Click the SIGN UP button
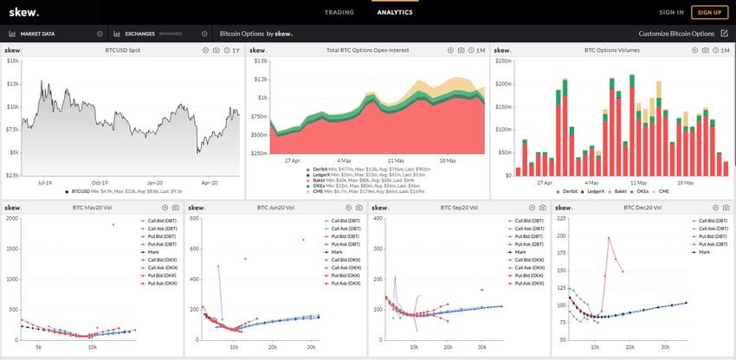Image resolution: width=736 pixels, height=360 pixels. click(709, 12)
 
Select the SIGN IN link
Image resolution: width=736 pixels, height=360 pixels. click(671, 12)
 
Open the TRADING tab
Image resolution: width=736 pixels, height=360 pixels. click(339, 12)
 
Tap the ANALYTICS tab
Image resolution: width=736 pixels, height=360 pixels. click(395, 12)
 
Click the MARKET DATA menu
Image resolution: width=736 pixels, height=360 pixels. click(37, 34)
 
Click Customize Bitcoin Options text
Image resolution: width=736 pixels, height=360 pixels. click(676, 34)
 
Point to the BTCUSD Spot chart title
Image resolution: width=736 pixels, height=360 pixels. click(124, 50)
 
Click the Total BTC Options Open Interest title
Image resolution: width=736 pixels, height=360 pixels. click(368, 50)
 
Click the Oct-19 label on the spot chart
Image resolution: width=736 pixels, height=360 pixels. click(100, 183)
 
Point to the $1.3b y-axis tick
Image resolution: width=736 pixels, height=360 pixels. click(259, 80)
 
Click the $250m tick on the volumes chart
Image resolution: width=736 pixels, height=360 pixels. click(502, 61)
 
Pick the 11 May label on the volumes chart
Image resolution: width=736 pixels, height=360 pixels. click(639, 183)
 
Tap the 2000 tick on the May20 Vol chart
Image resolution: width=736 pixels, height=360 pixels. click(10, 218)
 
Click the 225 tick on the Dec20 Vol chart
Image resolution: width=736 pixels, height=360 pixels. click(561, 218)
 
